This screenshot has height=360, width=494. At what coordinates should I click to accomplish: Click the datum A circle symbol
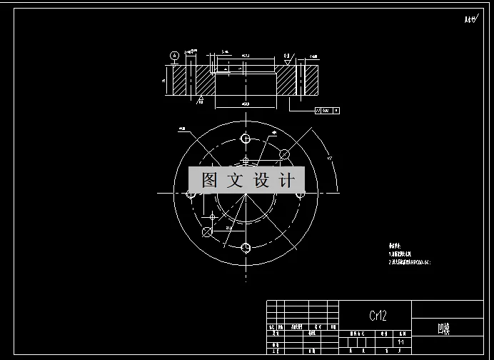173,55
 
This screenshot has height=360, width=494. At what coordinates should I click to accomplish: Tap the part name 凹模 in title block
444,329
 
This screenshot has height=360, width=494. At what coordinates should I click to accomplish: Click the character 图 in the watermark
209,180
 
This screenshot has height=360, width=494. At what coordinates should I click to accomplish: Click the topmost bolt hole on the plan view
246,138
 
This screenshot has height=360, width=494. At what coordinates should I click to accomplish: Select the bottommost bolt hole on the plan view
246,248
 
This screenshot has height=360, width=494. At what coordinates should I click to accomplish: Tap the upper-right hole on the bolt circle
283,154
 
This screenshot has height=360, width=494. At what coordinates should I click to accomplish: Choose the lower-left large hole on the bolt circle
207,231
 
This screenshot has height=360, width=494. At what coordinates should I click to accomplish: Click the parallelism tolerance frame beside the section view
326,111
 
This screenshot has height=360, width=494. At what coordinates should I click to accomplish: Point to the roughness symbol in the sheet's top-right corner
469,20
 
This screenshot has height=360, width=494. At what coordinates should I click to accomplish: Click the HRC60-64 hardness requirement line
410,262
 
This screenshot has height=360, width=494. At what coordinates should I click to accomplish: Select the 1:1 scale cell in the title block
403,341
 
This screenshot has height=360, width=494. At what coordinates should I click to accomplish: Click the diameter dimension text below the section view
245,105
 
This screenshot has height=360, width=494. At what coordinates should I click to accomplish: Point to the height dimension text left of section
163,81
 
